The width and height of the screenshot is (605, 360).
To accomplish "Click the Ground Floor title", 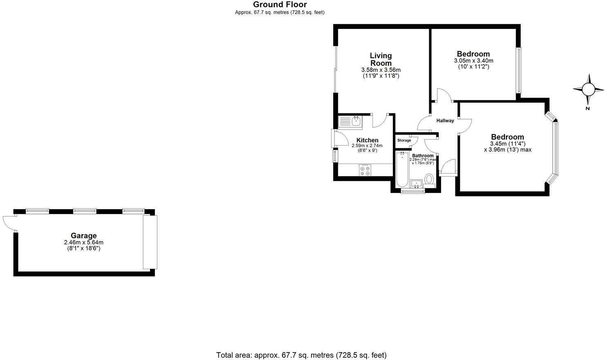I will (x=280, y=4).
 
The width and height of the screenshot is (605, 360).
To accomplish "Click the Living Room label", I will (x=381, y=59).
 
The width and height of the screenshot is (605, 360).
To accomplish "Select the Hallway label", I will (x=445, y=121).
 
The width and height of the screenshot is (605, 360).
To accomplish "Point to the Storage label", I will (x=404, y=140).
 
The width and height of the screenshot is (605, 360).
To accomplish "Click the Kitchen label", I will (x=367, y=140).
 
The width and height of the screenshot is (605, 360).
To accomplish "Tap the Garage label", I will (x=84, y=236).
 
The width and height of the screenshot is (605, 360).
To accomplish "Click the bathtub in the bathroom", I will (x=402, y=169).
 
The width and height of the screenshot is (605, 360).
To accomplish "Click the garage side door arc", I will (x=8, y=223).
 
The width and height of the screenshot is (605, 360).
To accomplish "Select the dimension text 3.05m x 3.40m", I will (x=473, y=61).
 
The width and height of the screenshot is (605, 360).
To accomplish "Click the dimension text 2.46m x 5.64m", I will (x=84, y=243).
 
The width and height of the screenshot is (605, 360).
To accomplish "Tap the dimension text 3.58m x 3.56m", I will (x=381, y=70).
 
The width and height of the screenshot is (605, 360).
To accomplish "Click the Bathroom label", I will (x=423, y=156).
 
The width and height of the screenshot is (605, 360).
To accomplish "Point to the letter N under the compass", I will (x=587, y=108).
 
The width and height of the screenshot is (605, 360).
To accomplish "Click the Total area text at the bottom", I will (x=301, y=355).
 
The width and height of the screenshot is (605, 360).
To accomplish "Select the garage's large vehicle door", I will (x=150, y=242).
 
